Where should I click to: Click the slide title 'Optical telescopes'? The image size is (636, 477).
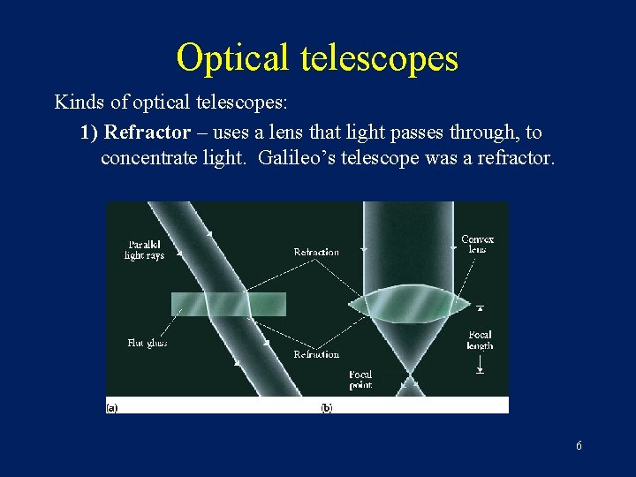click(317, 57)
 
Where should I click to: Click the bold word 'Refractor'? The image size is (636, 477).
click(147, 132)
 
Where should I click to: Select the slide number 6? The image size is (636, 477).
click(579, 446)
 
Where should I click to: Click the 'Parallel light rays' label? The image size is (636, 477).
click(144, 250)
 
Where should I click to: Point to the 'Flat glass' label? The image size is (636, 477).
click(146, 343)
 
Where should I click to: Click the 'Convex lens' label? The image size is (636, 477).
click(477, 244)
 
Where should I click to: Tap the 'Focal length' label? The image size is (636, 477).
click(480, 340)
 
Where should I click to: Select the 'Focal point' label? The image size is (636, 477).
click(360, 380)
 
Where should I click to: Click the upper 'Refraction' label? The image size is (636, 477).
click(316, 253)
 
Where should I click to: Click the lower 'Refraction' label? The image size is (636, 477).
click(316, 354)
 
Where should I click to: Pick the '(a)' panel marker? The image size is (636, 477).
click(112, 407)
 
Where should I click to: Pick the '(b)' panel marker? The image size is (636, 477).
click(327, 407)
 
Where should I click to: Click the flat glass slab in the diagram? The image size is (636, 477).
click(228, 304)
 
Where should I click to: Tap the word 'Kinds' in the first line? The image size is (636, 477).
click(77, 102)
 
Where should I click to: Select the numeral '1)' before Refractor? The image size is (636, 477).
click(88, 132)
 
